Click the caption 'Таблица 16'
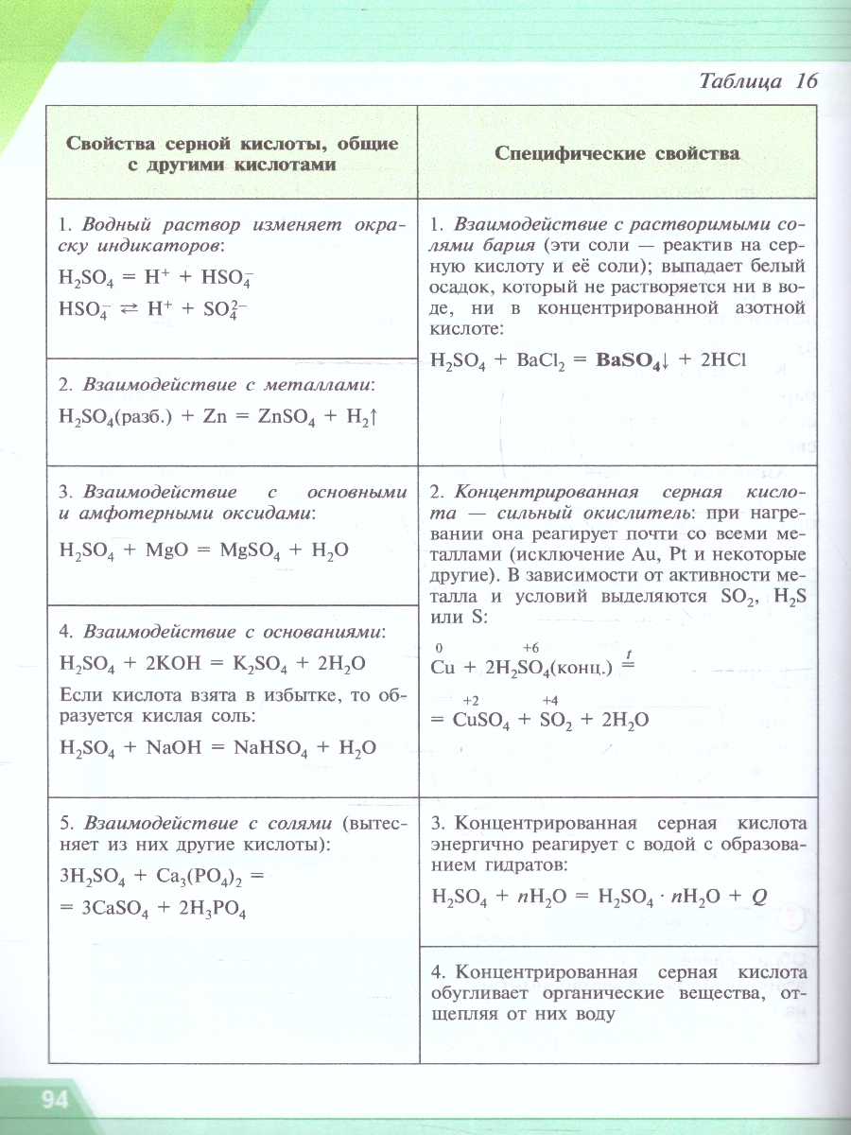(x=757, y=80)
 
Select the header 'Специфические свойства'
(x=617, y=153)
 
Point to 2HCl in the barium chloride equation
(x=721, y=360)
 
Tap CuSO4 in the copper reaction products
(x=481, y=720)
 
